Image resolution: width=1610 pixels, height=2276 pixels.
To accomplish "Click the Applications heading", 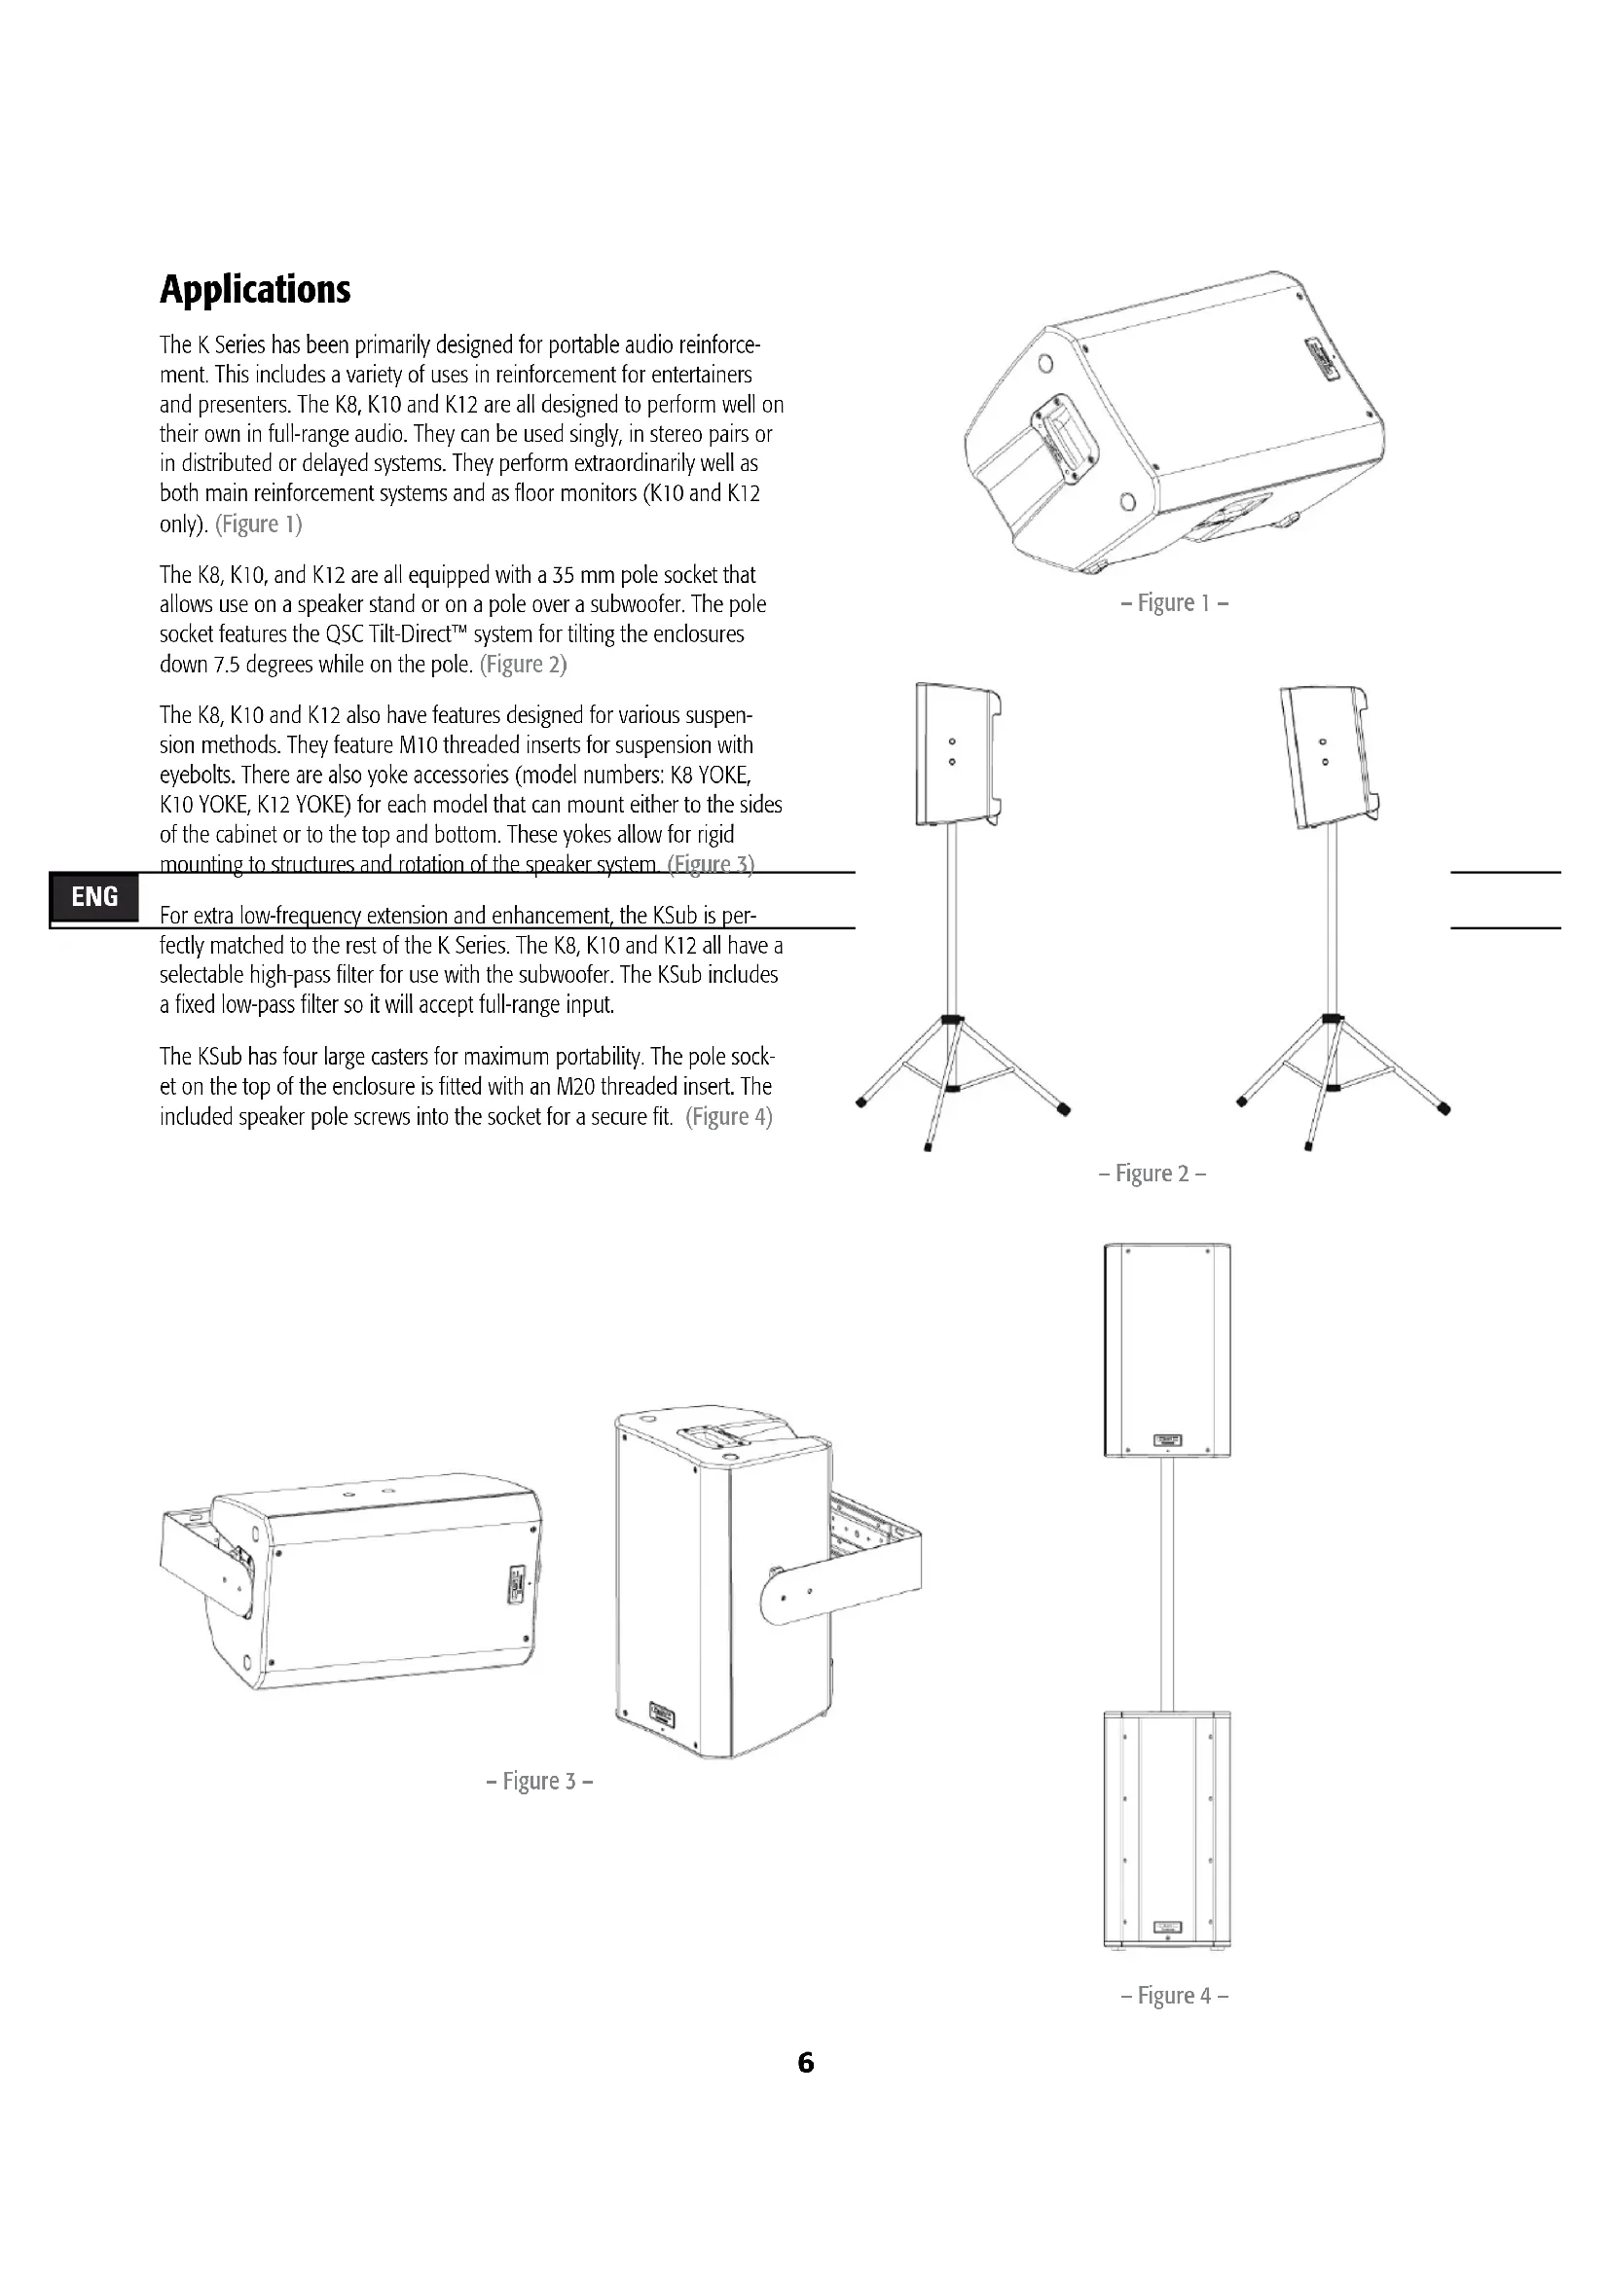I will (x=255, y=289).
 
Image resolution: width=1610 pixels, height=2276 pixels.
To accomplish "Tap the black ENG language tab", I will (x=94, y=897).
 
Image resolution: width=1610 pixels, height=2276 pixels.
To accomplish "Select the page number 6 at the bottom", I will (x=806, y=2063).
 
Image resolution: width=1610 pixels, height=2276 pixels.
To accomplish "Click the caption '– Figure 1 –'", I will (x=1175, y=602).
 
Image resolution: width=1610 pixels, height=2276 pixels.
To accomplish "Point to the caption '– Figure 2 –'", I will (x=1152, y=1174).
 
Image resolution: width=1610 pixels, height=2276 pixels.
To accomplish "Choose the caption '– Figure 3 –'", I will (x=540, y=1782).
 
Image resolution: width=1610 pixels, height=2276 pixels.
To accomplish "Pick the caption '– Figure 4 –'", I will (x=1175, y=1996).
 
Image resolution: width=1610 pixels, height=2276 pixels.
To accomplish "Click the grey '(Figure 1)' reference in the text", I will (x=259, y=524).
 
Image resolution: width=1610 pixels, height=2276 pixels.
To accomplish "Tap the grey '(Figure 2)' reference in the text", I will (x=524, y=666).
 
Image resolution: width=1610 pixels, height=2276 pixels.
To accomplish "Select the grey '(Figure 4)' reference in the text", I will (x=729, y=1117).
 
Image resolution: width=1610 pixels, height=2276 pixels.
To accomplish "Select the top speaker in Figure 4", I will (x=1167, y=1351).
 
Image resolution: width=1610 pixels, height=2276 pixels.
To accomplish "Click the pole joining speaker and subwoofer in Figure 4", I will (x=1167, y=1583).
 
